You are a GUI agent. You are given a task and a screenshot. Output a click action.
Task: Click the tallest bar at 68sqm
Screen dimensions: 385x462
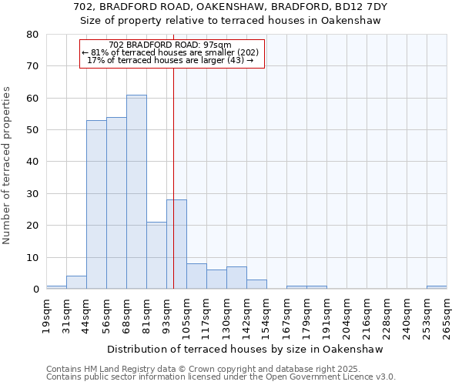(136, 192)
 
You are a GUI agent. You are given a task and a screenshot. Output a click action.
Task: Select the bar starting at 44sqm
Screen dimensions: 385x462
(96, 205)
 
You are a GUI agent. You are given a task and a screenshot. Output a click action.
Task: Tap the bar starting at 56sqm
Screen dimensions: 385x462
(116, 203)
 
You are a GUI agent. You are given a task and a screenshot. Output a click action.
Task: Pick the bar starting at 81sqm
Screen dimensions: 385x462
(156, 256)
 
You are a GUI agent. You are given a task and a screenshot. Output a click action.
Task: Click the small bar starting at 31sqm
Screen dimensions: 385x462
(76, 283)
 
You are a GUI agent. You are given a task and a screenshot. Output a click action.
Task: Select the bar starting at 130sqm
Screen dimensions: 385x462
(236, 278)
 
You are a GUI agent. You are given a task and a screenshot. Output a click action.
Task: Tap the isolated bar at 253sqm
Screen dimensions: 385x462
(437, 287)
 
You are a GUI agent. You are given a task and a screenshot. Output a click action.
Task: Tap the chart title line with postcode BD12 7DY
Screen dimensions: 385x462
(231, 7)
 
